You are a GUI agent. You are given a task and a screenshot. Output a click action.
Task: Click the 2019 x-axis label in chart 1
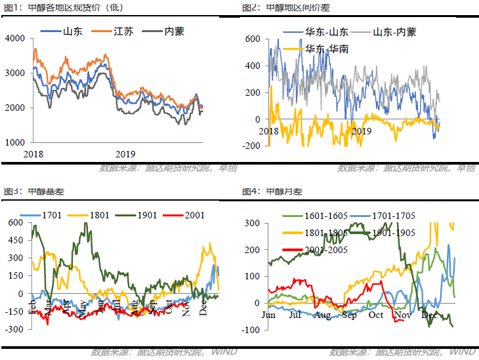pyautogui.click(x=125, y=154)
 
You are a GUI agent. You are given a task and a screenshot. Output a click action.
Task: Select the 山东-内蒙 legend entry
pyautogui.click(x=394, y=31)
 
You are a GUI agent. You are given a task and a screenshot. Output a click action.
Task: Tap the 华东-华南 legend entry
pyautogui.click(x=326, y=48)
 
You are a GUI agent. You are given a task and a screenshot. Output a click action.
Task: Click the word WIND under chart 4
pyautogui.click(x=463, y=353)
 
